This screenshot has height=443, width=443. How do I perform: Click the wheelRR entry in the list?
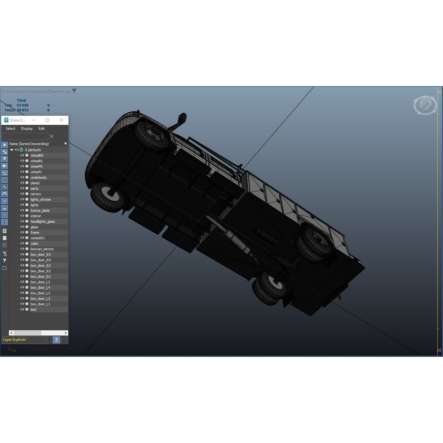[37, 155]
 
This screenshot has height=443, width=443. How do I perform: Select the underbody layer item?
[39, 178]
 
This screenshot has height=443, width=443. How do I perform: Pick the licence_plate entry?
[40, 210]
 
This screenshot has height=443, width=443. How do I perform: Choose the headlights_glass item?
[43, 221]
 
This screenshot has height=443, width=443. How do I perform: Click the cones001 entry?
[38, 238]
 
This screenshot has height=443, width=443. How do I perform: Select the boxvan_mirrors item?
[42, 249]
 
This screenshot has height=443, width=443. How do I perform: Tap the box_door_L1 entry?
[40, 304]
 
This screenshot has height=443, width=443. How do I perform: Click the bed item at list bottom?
[34, 310]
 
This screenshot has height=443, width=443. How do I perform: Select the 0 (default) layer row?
[33, 150]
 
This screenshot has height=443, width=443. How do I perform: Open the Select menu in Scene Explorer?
[11, 128]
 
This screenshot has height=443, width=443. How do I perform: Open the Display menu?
[27, 128]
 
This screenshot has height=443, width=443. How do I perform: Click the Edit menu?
[41, 128]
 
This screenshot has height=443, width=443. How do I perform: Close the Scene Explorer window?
[62, 120]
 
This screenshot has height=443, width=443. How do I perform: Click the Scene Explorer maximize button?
[47, 120]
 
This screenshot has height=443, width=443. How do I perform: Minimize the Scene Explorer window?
[34, 120]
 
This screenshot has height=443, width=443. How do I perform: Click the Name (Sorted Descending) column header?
[29, 144]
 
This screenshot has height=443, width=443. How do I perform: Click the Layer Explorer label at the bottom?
[14, 340]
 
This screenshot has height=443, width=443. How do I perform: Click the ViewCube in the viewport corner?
[425, 105]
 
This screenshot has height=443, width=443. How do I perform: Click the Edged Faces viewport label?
[59, 91]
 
